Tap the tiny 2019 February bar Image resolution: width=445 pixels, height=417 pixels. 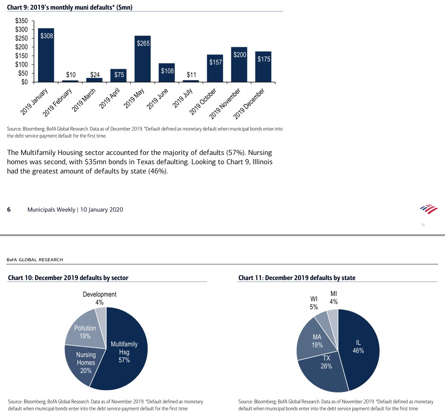click(70, 81)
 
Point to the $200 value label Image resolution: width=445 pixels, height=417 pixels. click(239, 55)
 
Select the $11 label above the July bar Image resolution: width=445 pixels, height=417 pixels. click(191, 75)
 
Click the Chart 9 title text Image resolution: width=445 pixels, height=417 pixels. click(70, 7)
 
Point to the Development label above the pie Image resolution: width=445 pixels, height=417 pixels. click(100, 295)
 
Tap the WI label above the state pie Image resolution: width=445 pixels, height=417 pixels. click(314, 298)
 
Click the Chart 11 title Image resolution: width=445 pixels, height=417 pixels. click(297, 278)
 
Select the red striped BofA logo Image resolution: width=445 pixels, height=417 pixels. click(429, 209)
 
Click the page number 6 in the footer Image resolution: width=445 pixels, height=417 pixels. click(9, 210)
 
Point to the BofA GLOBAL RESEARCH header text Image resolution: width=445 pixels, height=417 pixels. click(35, 260)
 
